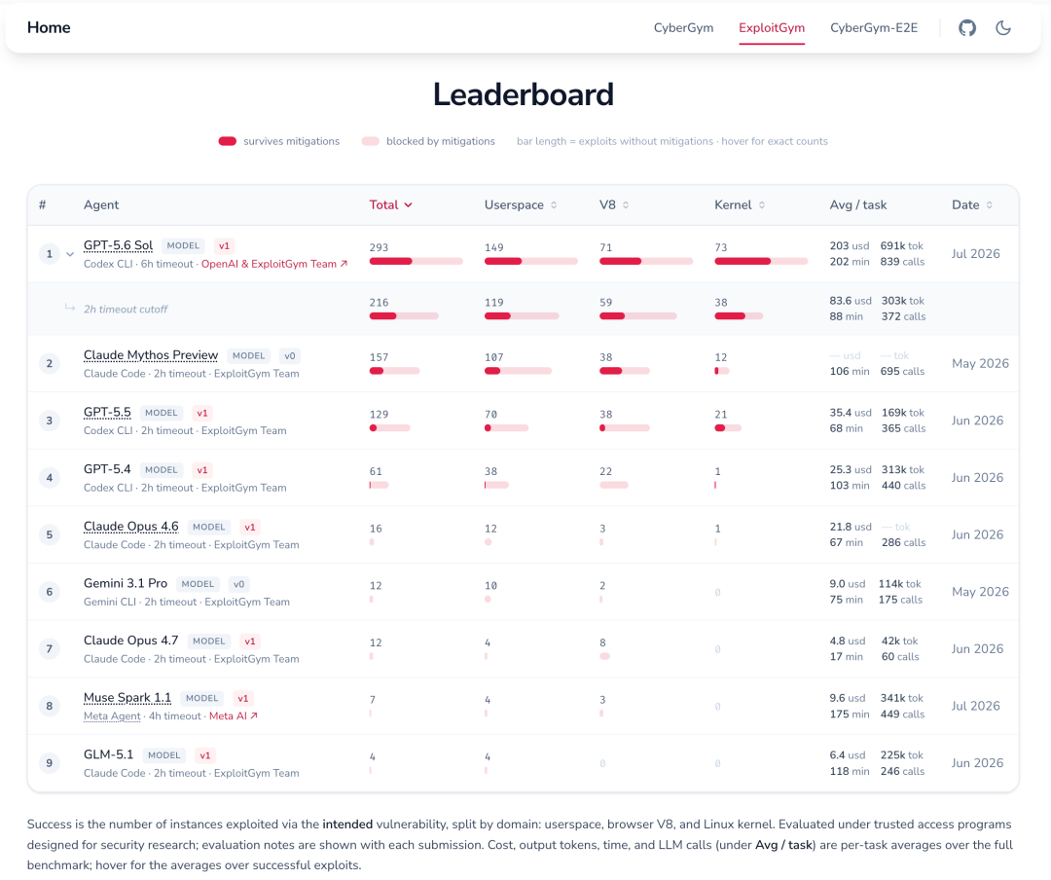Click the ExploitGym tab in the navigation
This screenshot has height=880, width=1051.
click(x=772, y=28)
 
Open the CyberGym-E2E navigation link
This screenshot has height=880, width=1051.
click(x=873, y=28)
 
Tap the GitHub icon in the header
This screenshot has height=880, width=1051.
click(x=966, y=27)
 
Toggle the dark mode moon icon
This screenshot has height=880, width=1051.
click(x=1002, y=27)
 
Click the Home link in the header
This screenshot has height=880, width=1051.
click(x=49, y=27)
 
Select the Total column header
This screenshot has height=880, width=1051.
click(x=391, y=204)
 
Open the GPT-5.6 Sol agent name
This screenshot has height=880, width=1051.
click(x=118, y=245)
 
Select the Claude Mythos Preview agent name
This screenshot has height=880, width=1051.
click(x=151, y=355)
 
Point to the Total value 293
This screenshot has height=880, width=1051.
click(x=379, y=247)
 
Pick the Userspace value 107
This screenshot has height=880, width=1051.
click(x=494, y=357)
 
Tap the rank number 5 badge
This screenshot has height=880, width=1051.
click(x=49, y=534)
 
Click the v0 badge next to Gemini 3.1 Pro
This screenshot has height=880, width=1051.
click(x=238, y=584)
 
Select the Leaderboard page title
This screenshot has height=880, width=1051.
click(x=524, y=94)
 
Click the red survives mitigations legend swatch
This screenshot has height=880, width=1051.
click(x=227, y=141)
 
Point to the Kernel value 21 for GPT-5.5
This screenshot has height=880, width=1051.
click(x=720, y=415)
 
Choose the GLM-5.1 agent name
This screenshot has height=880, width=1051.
click(x=109, y=754)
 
